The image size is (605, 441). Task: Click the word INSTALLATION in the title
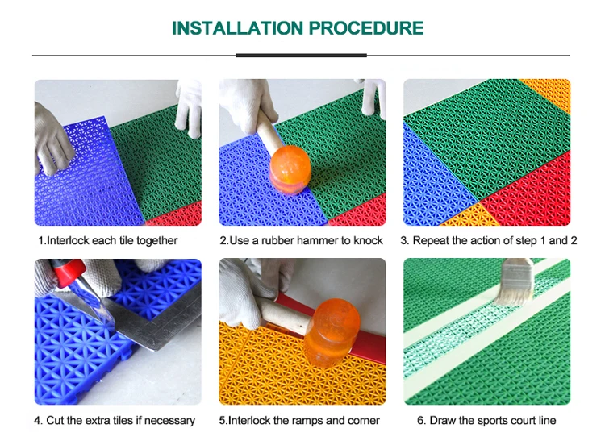point(237,28)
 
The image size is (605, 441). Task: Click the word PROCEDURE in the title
point(366,28)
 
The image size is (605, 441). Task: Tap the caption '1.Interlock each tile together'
point(107,240)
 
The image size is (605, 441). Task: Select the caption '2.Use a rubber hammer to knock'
point(301,240)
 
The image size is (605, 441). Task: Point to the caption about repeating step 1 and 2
point(489,240)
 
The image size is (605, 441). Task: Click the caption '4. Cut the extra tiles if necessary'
point(115,420)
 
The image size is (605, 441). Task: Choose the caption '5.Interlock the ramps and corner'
point(299,420)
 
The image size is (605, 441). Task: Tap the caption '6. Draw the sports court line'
point(486,420)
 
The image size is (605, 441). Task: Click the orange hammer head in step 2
point(290,168)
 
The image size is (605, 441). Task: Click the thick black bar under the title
point(301,56)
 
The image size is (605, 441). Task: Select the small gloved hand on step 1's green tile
point(189,108)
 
